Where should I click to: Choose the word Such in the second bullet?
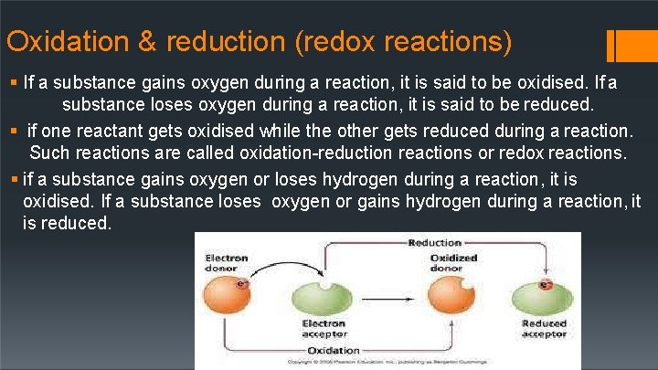[x=51, y=152]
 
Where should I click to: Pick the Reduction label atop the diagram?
[x=434, y=243]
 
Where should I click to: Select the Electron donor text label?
[x=226, y=263]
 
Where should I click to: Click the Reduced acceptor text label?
[x=545, y=328]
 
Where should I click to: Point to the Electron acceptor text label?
[x=324, y=328]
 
